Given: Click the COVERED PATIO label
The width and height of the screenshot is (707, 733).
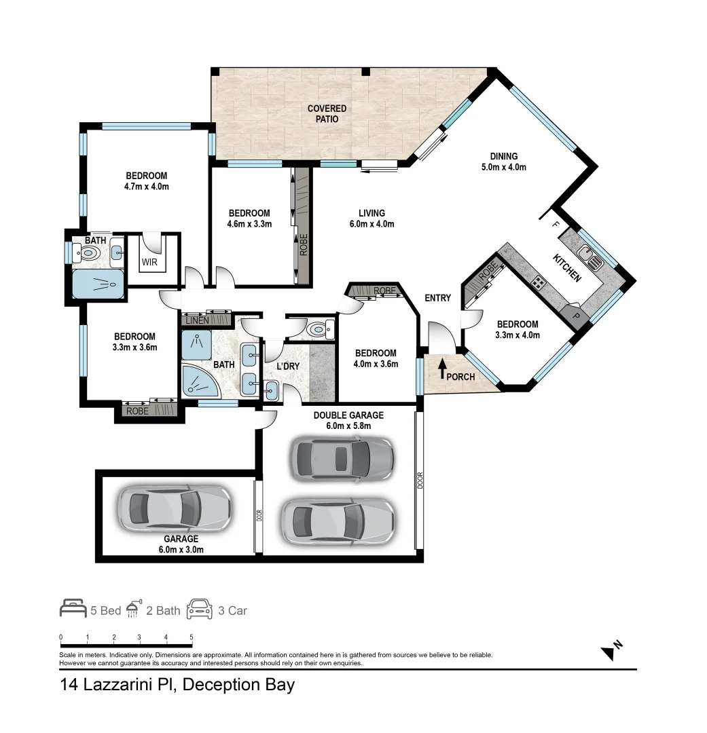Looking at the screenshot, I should click(x=327, y=113).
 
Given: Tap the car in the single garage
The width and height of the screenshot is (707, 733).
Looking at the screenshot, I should click(x=175, y=507).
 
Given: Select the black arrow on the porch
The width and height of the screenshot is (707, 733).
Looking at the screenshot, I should click(x=442, y=369).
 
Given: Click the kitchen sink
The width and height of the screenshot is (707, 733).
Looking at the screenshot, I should click(x=589, y=257).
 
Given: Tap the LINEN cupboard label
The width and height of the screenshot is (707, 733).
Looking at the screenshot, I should click(x=197, y=320).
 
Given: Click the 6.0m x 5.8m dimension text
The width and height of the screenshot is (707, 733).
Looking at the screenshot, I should click(x=348, y=426).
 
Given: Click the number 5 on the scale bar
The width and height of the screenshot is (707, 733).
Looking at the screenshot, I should click(x=192, y=637).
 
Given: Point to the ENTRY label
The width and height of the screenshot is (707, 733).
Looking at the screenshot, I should click(x=437, y=298).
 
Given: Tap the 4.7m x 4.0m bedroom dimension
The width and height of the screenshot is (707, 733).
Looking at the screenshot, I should click(x=146, y=187).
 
